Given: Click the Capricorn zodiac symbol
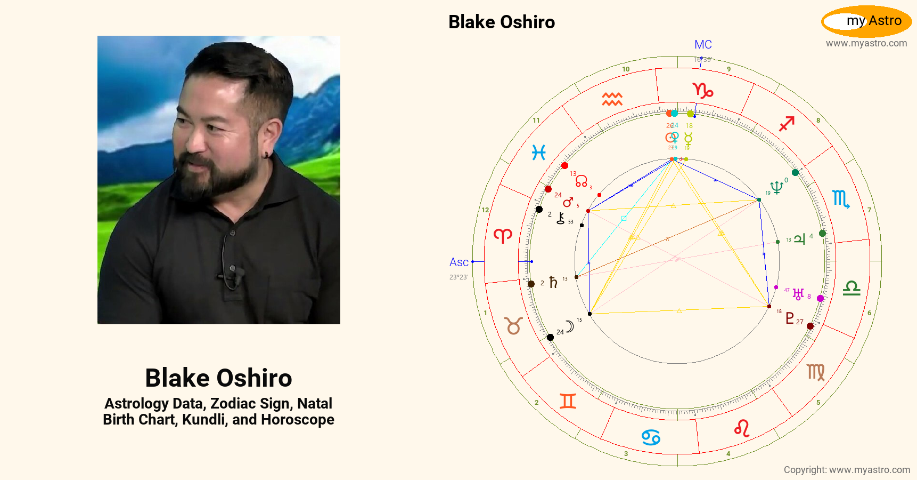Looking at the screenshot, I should click(x=702, y=90).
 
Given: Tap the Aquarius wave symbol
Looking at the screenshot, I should click(x=612, y=99).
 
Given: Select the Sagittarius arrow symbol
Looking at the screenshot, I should click(x=787, y=124).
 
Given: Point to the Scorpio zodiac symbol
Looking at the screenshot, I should click(x=841, y=199).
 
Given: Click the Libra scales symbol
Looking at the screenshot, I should click(x=851, y=289).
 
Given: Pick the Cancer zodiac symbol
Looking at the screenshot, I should click(x=651, y=437).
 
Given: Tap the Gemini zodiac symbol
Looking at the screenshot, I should click(x=568, y=401).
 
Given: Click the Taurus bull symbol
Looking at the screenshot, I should click(x=513, y=325).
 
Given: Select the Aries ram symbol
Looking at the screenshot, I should click(x=503, y=235).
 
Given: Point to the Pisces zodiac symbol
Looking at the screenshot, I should click(x=538, y=153).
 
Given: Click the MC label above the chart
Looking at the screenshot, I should click(x=703, y=45).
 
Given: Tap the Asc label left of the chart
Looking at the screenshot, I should click(x=458, y=262).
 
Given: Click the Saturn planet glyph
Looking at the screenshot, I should click(x=553, y=282).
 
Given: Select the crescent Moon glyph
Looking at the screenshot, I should click(x=570, y=326).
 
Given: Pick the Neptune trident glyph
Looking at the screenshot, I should click(x=777, y=187).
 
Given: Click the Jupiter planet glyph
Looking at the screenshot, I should click(x=799, y=239).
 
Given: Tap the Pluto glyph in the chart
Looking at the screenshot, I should click(x=790, y=318).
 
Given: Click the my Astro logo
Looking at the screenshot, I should click(x=866, y=21).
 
